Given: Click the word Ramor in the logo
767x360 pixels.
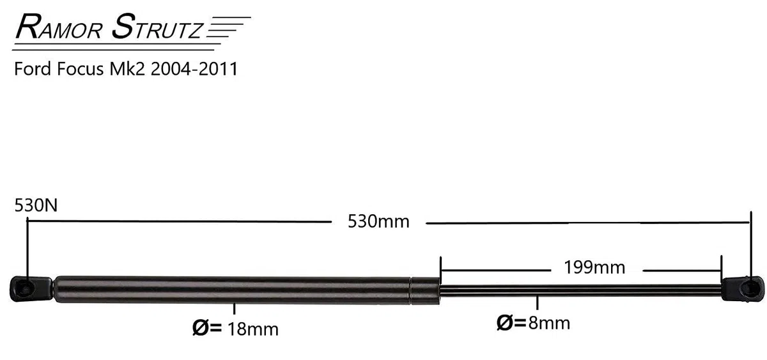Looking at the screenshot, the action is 59,27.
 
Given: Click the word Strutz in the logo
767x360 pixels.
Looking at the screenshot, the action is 157,27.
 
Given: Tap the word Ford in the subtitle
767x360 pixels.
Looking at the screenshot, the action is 33,69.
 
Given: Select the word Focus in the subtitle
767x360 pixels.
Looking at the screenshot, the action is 81,69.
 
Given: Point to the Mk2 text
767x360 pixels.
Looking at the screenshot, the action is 127,69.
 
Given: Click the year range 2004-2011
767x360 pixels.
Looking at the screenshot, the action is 194,69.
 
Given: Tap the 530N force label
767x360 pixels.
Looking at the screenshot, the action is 36,205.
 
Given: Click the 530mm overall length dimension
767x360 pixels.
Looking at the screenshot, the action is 378,222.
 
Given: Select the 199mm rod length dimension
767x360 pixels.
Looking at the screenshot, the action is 594,267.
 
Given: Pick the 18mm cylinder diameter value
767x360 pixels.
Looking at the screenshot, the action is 252,329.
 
